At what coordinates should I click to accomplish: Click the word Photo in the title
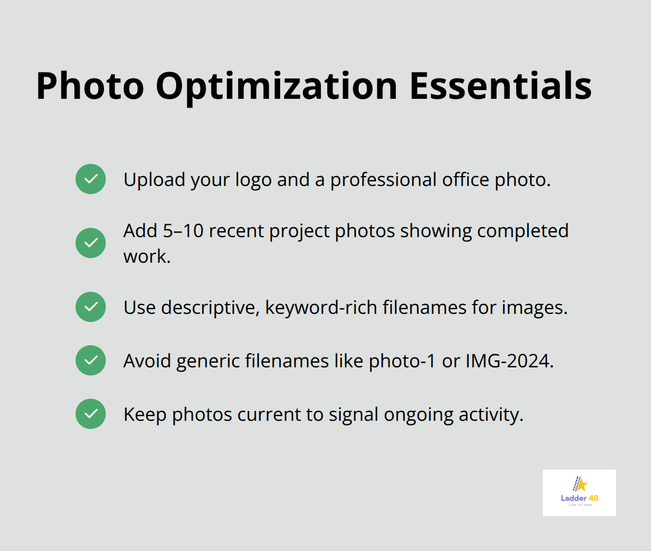[x=90, y=86]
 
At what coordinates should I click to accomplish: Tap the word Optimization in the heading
[x=276, y=86]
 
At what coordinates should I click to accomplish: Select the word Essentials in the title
[x=500, y=86]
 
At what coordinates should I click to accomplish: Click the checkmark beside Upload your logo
[x=91, y=179]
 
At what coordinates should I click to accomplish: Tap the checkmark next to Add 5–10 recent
[x=91, y=243]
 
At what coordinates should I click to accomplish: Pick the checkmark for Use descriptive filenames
[x=91, y=307]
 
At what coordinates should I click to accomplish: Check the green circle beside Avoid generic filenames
[x=91, y=360]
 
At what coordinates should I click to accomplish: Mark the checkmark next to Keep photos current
[x=91, y=414]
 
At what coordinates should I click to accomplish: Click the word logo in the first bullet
[x=253, y=180]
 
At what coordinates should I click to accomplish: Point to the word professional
[x=386, y=180]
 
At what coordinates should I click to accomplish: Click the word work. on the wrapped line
[x=147, y=256]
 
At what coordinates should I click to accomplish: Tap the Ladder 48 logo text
[x=579, y=498]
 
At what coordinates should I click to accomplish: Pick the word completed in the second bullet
[x=523, y=231]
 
